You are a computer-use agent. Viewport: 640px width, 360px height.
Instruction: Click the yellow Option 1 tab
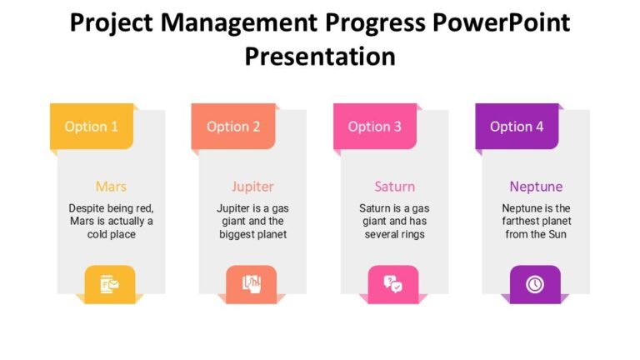[92, 127]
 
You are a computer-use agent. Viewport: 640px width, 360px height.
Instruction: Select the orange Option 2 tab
[233, 127]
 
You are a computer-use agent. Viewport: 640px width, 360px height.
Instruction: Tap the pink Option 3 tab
[375, 127]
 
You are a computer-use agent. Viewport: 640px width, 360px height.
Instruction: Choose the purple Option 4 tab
[517, 127]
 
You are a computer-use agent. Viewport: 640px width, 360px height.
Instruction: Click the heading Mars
[111, 186]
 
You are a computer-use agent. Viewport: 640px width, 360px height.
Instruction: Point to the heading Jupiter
[252, 186]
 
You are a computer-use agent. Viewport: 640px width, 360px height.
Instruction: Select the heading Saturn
[394, 186]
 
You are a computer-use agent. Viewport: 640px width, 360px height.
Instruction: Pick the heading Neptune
[536, 186]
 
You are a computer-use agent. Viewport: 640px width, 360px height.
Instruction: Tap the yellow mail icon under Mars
[110, 284]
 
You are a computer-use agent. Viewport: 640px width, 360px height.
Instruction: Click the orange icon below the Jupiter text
[252, 284]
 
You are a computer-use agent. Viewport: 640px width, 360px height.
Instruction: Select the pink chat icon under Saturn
[393, 284]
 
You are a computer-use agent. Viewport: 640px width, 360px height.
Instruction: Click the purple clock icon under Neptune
[535, 284]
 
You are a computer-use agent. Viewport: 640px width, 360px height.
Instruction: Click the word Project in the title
[111, 22]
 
